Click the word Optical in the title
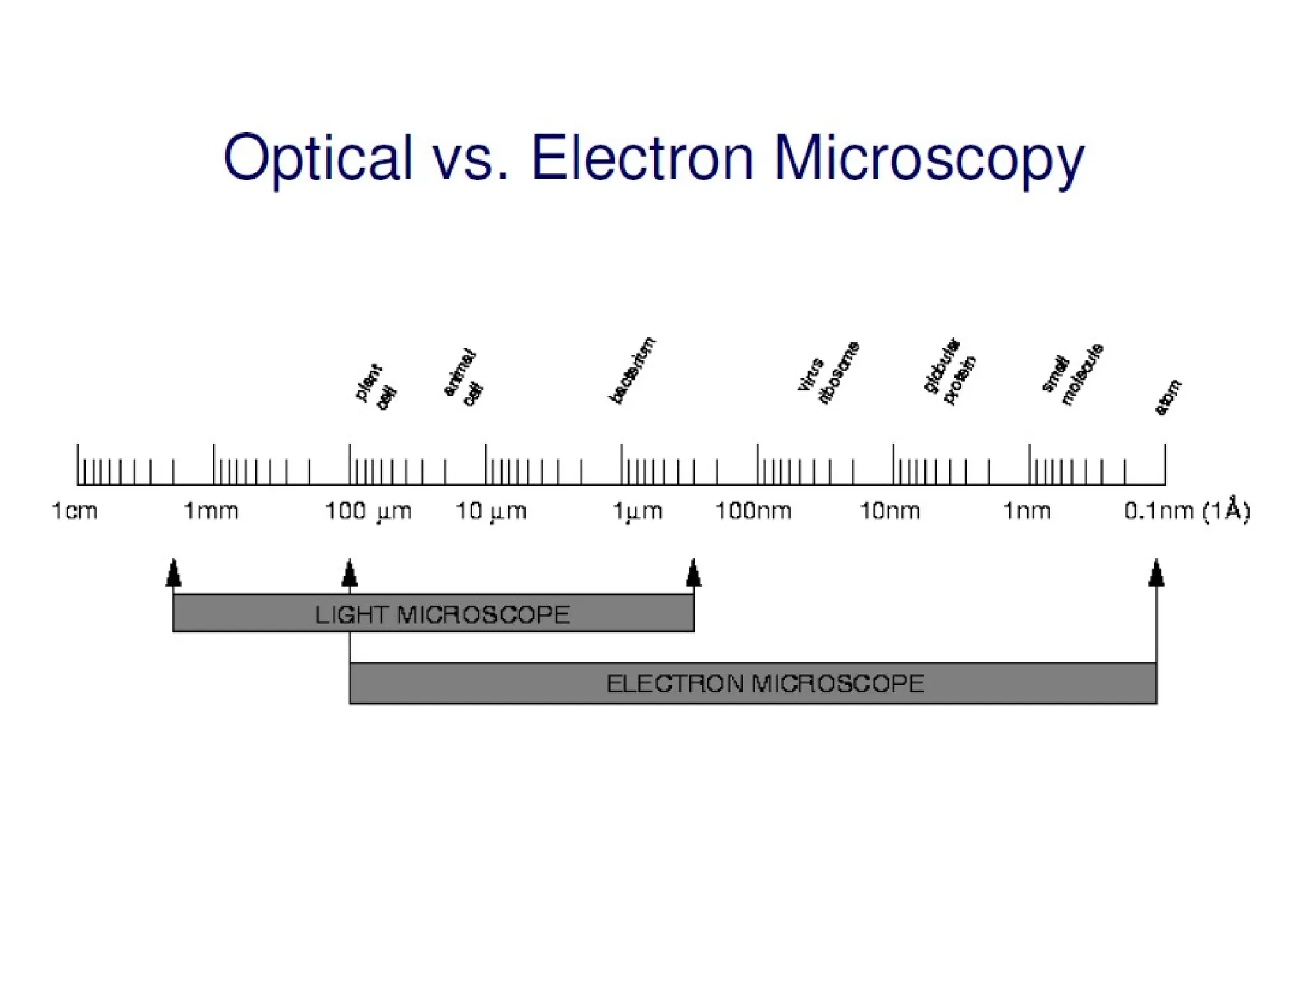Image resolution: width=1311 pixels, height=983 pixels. (318, 158)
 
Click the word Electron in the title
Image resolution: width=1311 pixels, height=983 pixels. (642, 158)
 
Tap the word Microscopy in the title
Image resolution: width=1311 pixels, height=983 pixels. (929, 158)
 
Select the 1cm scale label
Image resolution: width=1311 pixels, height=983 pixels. (74, 511)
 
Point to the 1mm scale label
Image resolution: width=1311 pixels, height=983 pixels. (211, 511)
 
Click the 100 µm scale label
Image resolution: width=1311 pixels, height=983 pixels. (368, 511)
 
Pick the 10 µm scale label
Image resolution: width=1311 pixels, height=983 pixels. (491, 511)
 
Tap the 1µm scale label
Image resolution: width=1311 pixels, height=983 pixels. (637, 511)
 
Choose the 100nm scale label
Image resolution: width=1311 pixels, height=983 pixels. (753, 511)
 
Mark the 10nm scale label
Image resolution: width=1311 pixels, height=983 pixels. (890, 511)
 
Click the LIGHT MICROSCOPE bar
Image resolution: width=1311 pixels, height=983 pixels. (433, 613)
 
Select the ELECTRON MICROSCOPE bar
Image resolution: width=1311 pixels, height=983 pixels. (753, 683)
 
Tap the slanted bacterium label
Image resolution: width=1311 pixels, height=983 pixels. (632, 371)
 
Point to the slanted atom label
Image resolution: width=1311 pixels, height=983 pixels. (1168, 397)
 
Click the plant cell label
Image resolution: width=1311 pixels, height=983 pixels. (376, 387)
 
